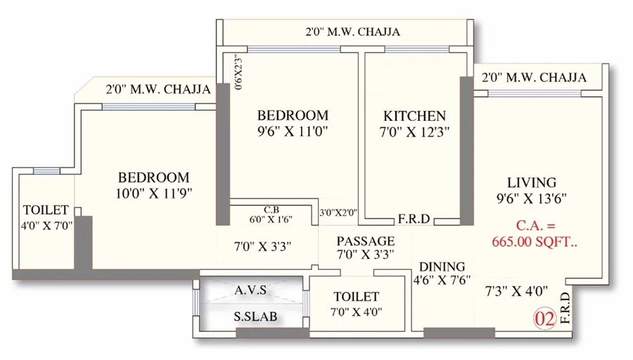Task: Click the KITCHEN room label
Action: pyautogui.click(x=414, y=116)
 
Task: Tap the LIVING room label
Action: pyautogui.click(x=532, y=182)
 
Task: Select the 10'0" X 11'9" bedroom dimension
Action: pyautogui.click(x=154, y=194)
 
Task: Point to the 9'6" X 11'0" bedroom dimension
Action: pyautogui.click(x=293, y=131)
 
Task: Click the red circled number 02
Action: pyautogui.click(x=545, y=319)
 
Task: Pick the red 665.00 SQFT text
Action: pyautogui.click(x=535, y=242)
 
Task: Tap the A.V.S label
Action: pyautogui.click(x=250, y=290)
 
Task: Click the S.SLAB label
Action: pyautogui.click(x=255, y=316)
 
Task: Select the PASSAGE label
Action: pyautogui.click(x=366, y=241)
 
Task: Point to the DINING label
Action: pyautogui.click(x=442, y=266)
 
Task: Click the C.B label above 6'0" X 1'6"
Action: pyautogui.click(x=271, y=210)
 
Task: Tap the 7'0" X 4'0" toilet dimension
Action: pyautogui.click(x=357, y=312)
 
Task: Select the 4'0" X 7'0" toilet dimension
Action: pyautogui.click(x=47, y=226)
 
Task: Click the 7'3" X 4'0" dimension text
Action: pyautogui.click(x=516, y=290)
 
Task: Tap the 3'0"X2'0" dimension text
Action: pyautogui.click(x=338, y=212)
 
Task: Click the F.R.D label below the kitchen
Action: pyautogui.click(x=414, y=219)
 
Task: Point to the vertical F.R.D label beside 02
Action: pyautogui.click(x=565, y=308)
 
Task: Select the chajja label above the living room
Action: pyautogui.click(x=534, y=77)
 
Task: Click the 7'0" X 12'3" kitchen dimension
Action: pyautogui.click(x=414, y=132)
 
